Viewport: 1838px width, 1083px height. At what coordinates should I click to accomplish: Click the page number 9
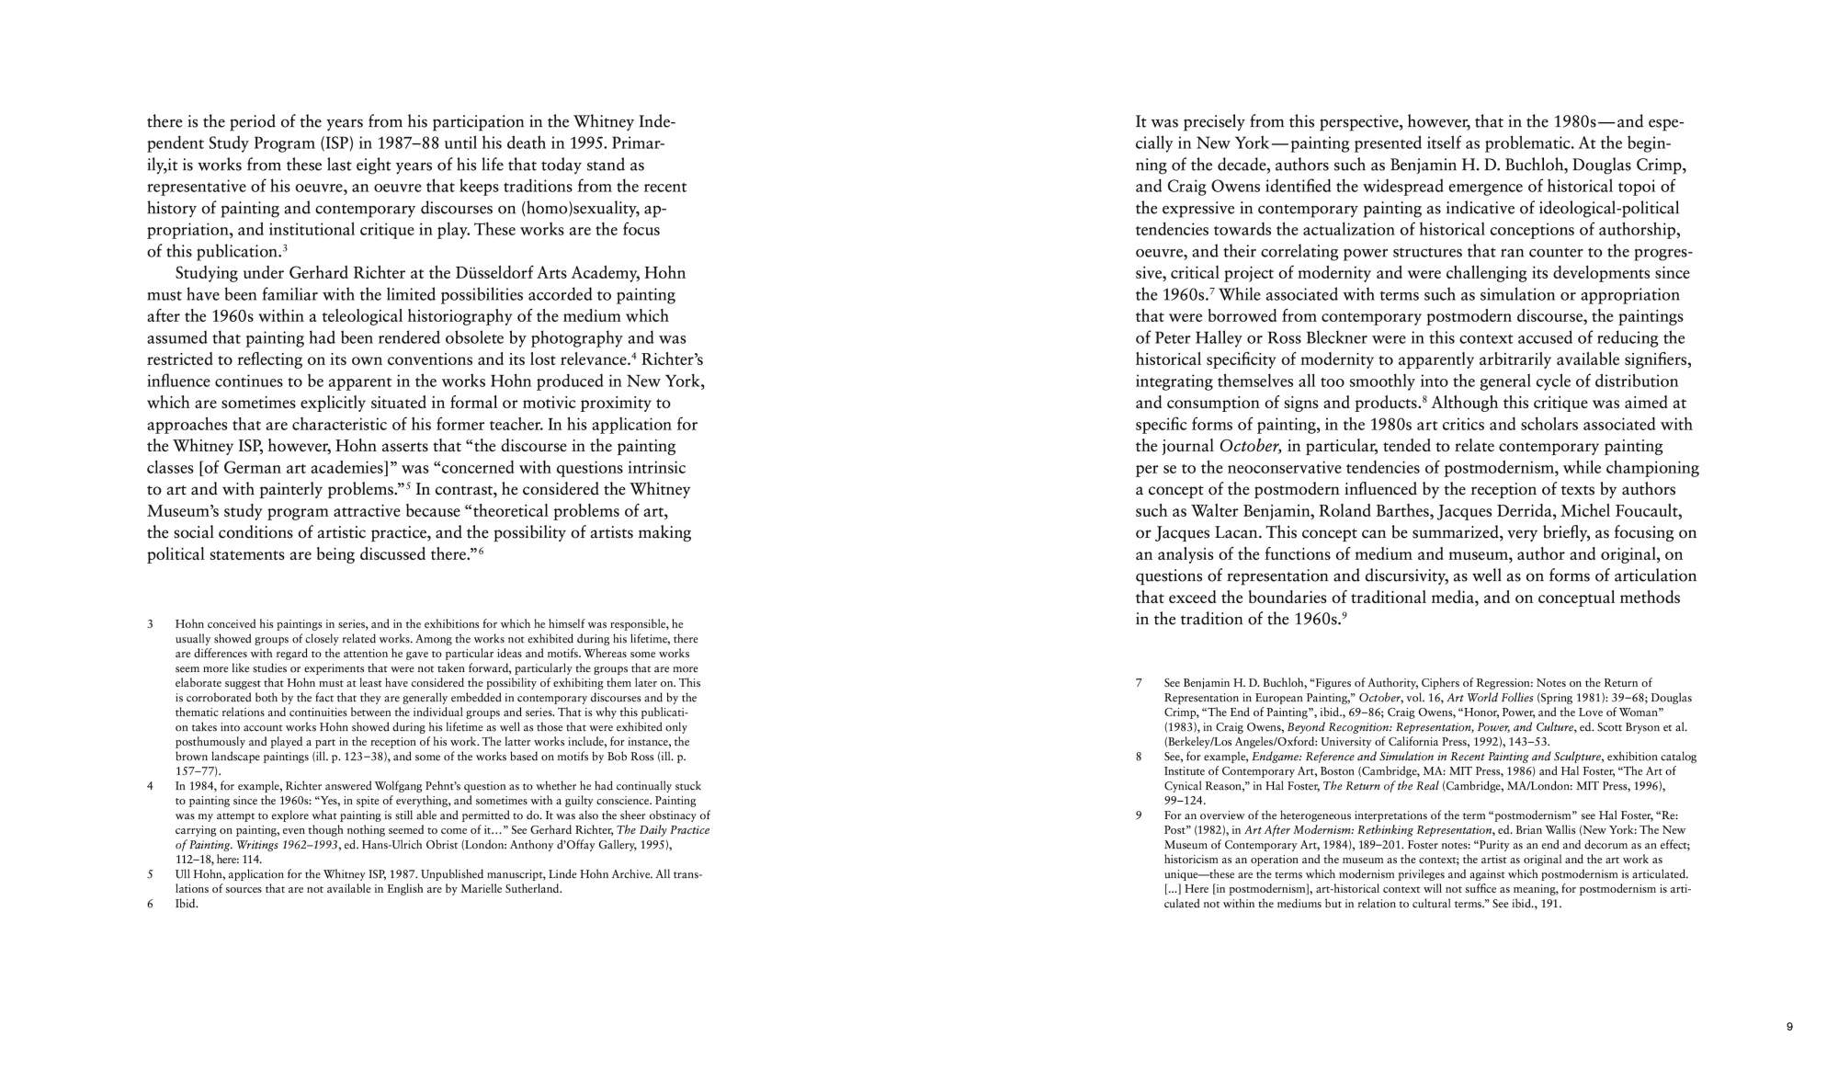coord(1789,1027)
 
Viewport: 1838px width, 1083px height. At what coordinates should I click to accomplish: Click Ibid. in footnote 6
coord(187,904)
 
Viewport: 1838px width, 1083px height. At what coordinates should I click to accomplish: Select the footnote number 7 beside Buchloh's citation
coord(1139,683)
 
